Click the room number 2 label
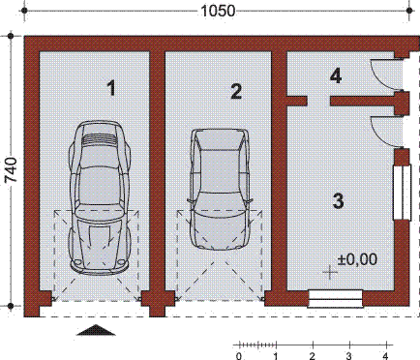pos(236,92)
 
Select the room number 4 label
pos(335,75)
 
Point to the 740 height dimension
pos(12,169)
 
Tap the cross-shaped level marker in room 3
pos(331,273)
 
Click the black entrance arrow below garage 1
pos(95,331)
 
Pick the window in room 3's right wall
pos(399,194)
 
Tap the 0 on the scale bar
pos(239,355)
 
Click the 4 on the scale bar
pos(386,355)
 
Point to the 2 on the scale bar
pos(313,355)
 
